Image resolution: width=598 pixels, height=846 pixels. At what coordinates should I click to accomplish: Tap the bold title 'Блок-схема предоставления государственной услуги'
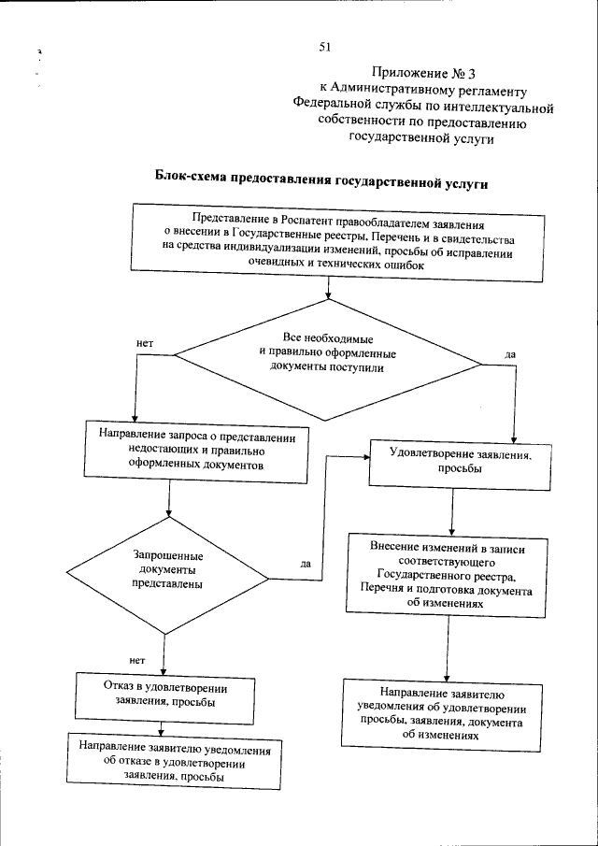320,184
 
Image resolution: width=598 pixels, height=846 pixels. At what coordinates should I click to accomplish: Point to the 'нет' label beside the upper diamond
144,344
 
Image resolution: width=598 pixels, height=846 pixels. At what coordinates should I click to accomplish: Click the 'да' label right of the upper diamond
510,355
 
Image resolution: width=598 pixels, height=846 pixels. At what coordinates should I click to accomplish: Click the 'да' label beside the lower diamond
306,564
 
